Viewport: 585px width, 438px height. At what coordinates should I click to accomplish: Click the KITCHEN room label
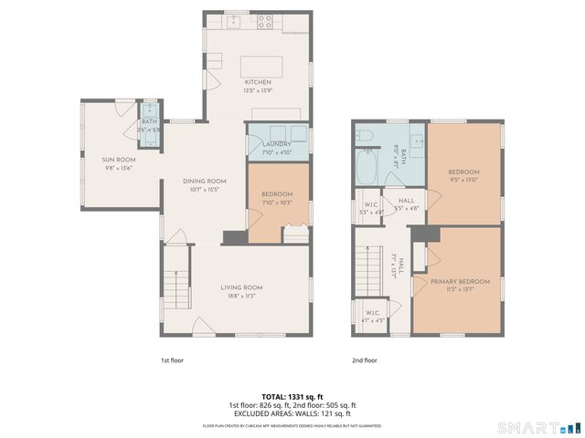[257, 82]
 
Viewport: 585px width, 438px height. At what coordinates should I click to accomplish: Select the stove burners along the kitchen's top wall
[266, 21]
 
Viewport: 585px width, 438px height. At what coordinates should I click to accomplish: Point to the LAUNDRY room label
[276, 144]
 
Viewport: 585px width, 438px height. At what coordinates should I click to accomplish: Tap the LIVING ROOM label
[241, 287]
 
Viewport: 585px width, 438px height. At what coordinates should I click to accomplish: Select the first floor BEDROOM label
[276, 194]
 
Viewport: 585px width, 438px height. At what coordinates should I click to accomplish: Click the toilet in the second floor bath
[364, 137]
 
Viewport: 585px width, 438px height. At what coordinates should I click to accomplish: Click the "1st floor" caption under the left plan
[172, 360]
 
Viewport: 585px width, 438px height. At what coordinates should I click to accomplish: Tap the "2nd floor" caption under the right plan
[365, 360]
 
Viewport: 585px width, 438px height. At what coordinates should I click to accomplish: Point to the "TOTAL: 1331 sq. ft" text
[292, 396]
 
